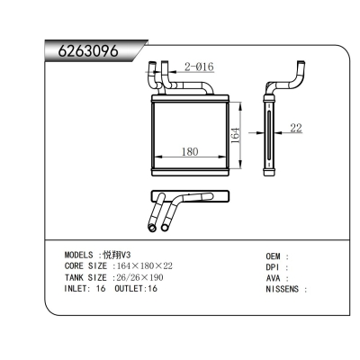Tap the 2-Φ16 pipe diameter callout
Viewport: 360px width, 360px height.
198,67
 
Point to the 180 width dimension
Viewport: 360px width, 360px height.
190,151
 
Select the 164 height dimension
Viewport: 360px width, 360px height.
235,134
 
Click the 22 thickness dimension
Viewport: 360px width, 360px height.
296,129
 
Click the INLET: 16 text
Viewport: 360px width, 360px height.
85,290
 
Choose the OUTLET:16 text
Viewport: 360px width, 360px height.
137,290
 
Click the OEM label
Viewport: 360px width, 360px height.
274,256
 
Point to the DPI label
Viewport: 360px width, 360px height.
274,267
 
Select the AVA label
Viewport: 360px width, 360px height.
274,279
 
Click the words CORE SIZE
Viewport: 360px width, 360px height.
85,266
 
